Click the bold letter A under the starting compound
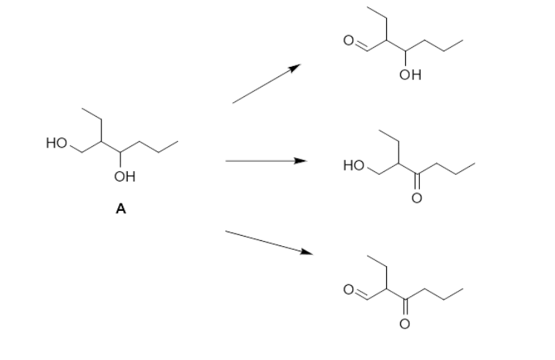pyautogui.click(x=120, y=209)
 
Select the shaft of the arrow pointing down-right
pyautogui.click(x=264, y=242)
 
